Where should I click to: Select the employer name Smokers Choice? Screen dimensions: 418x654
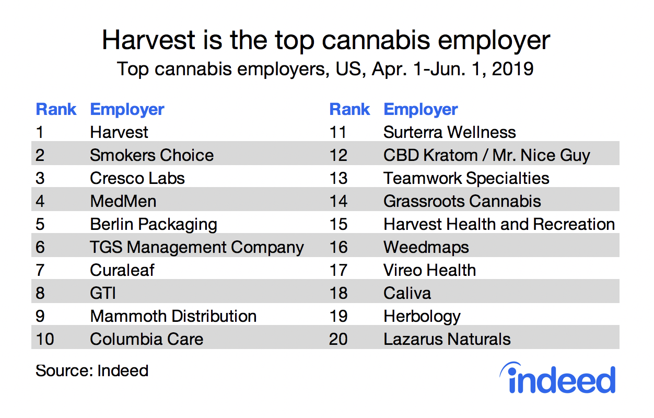click(151, 155)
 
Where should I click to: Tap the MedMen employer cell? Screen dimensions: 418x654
click(123, 201)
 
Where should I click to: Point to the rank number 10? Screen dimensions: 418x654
click(45, 339)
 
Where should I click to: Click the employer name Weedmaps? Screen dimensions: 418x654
click(426, 247)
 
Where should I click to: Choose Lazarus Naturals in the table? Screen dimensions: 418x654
click(447, 339)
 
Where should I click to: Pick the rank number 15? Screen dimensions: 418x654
click(338, 224)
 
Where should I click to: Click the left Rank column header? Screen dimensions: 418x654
click(56, 110)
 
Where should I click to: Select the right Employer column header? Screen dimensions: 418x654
click(421, 110)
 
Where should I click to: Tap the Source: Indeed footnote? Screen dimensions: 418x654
click(92, 370)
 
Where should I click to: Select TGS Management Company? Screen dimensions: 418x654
click(196, 247)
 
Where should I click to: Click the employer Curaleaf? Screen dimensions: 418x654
click(122, 270)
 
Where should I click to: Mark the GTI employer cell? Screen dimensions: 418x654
click(103, 293)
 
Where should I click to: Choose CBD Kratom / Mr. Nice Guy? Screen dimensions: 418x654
click(486, 155)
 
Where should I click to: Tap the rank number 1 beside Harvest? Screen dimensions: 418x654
click(40, 132)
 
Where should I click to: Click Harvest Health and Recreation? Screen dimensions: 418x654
click(499, 224)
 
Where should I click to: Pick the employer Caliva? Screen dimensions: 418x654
click(407, 293)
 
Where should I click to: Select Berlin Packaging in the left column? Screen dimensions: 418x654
click(153, 224)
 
